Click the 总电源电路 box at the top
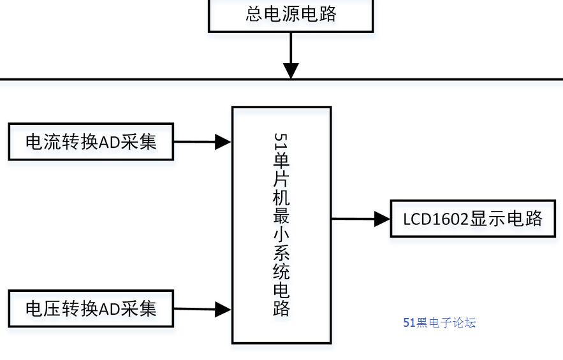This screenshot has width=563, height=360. tap(291, 14)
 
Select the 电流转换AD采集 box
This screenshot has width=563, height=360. tap(91, 141)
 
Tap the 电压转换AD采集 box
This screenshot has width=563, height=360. tap(91, 309)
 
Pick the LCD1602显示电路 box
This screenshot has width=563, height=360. tap(472, 219)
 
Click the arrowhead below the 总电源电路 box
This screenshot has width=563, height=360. tap(291, 70)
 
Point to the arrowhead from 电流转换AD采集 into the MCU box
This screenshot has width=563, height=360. tap(223, 142)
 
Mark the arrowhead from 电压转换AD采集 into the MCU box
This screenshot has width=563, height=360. tap(223, 310)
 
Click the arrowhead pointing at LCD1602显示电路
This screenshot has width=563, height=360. tap(382, 219)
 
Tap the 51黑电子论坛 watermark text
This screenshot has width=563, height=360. tap(439, 322)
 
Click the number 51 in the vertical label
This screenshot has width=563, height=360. tap(281, 141)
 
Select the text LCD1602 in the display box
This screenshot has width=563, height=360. tap(436, 219)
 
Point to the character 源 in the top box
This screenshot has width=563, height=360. tap(291, 13)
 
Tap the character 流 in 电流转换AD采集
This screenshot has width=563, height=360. tap(52, 141)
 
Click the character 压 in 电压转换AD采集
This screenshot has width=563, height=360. tap(52, 309)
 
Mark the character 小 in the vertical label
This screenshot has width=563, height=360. tap(281, 235)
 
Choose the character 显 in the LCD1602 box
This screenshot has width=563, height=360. tap(479, 219)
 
